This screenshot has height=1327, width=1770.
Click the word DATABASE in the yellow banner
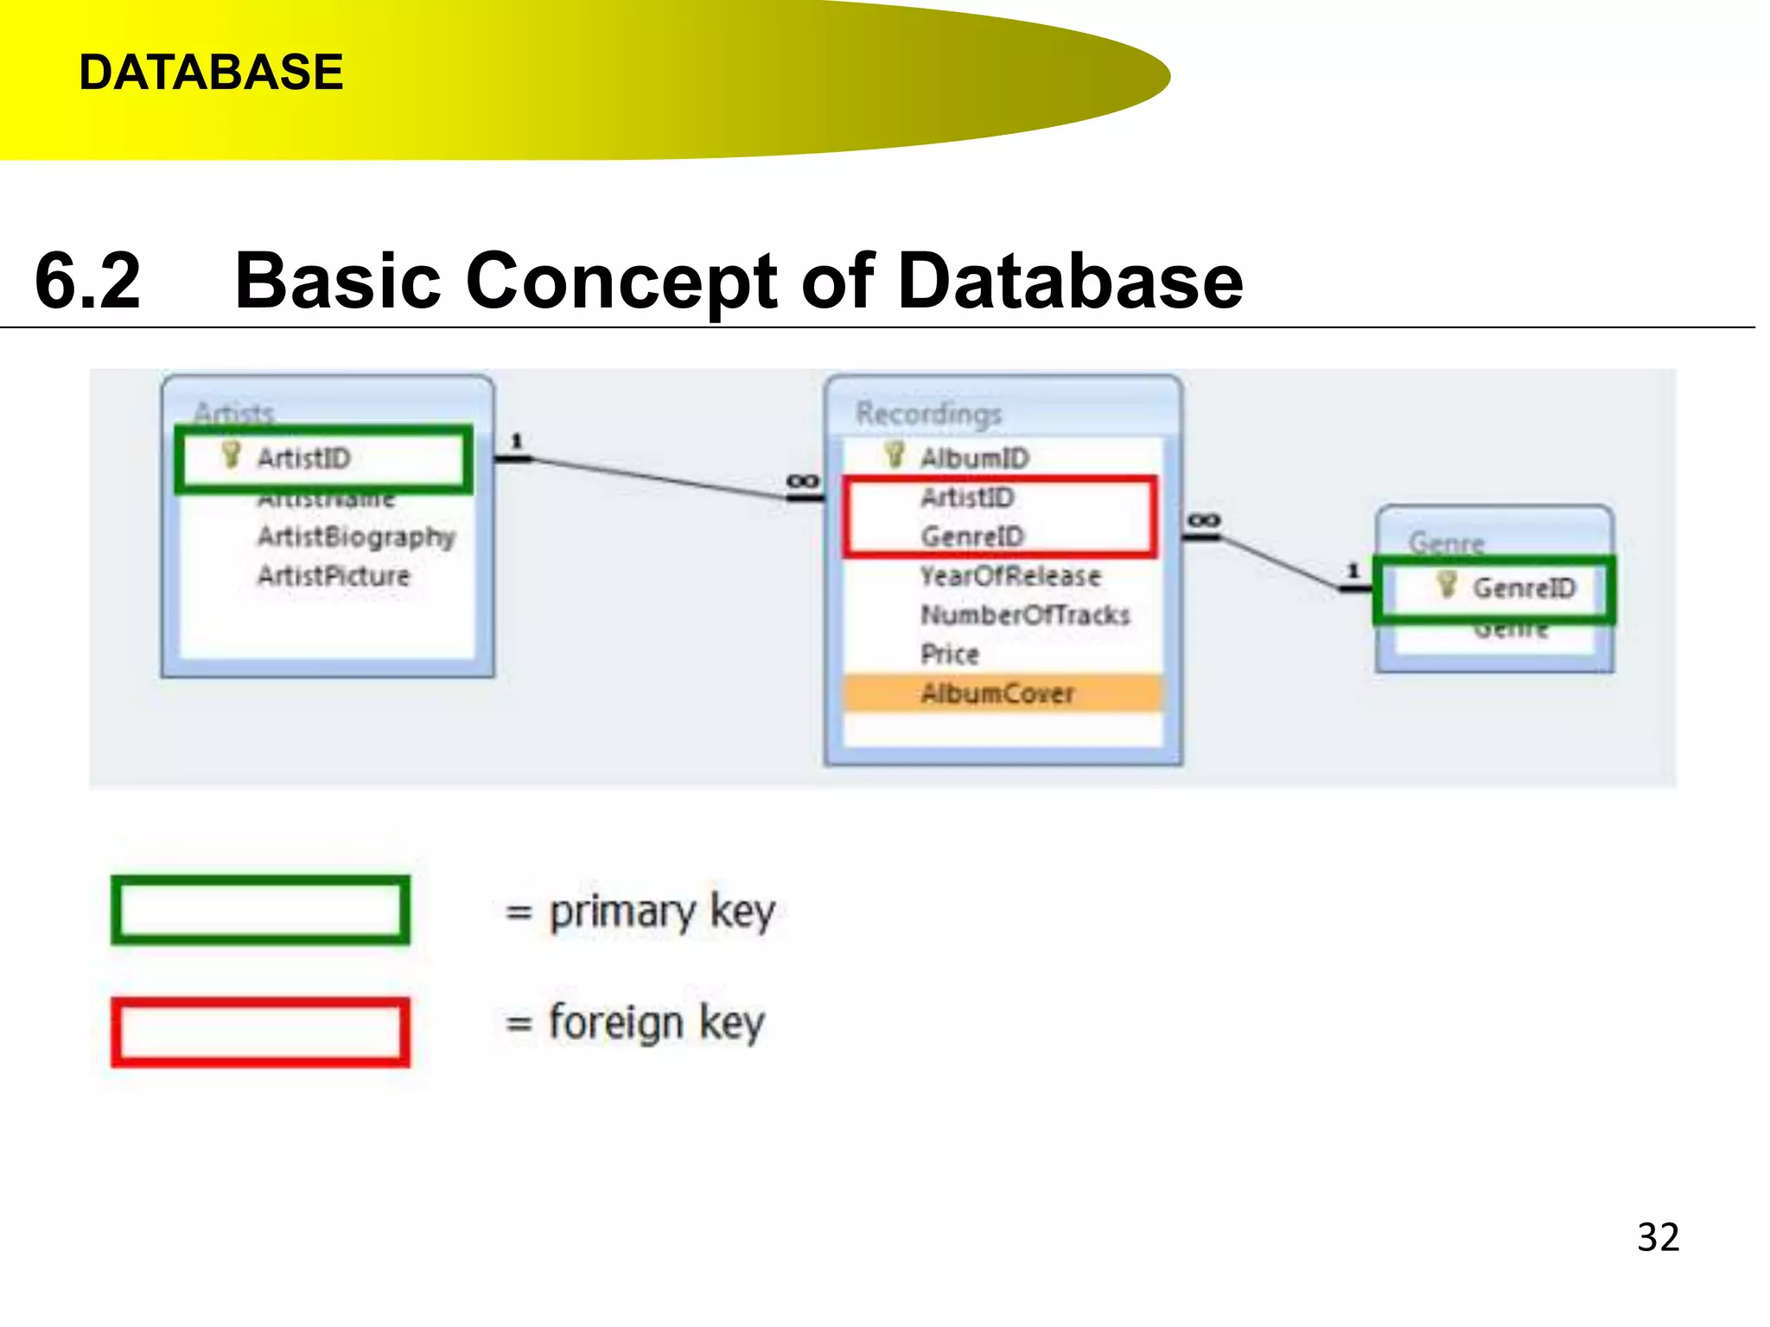coord(211,72)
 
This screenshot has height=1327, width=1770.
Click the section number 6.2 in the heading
coord(87,281)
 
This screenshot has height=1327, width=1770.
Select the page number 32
coord(1658,1237)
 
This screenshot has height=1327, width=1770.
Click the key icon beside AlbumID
coord(895,454)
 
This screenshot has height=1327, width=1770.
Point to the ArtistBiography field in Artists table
coord(356,537)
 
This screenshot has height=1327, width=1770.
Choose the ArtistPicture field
coord(334,575)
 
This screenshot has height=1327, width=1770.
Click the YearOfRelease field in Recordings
coord(1010,575)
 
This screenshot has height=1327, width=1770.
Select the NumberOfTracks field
coord(1025,615)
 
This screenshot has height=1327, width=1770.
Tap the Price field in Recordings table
coord(950,654)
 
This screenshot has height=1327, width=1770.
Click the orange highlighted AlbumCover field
coord(998,693)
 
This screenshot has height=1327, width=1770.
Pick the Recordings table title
coord(928,413)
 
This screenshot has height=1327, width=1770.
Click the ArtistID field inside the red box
coord(967,498)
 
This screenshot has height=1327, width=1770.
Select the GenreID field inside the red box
coord(971,537)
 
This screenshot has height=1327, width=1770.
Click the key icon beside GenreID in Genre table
coord(1447,585)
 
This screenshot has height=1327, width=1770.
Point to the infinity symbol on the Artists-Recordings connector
coord(803,481)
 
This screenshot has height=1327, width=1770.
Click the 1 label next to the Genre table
coord(1353,571)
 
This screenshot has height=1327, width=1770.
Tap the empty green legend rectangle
coord(260,910)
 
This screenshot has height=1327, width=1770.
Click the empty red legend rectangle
coord(260,1032)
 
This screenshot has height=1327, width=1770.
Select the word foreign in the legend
coord(616,1023)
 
